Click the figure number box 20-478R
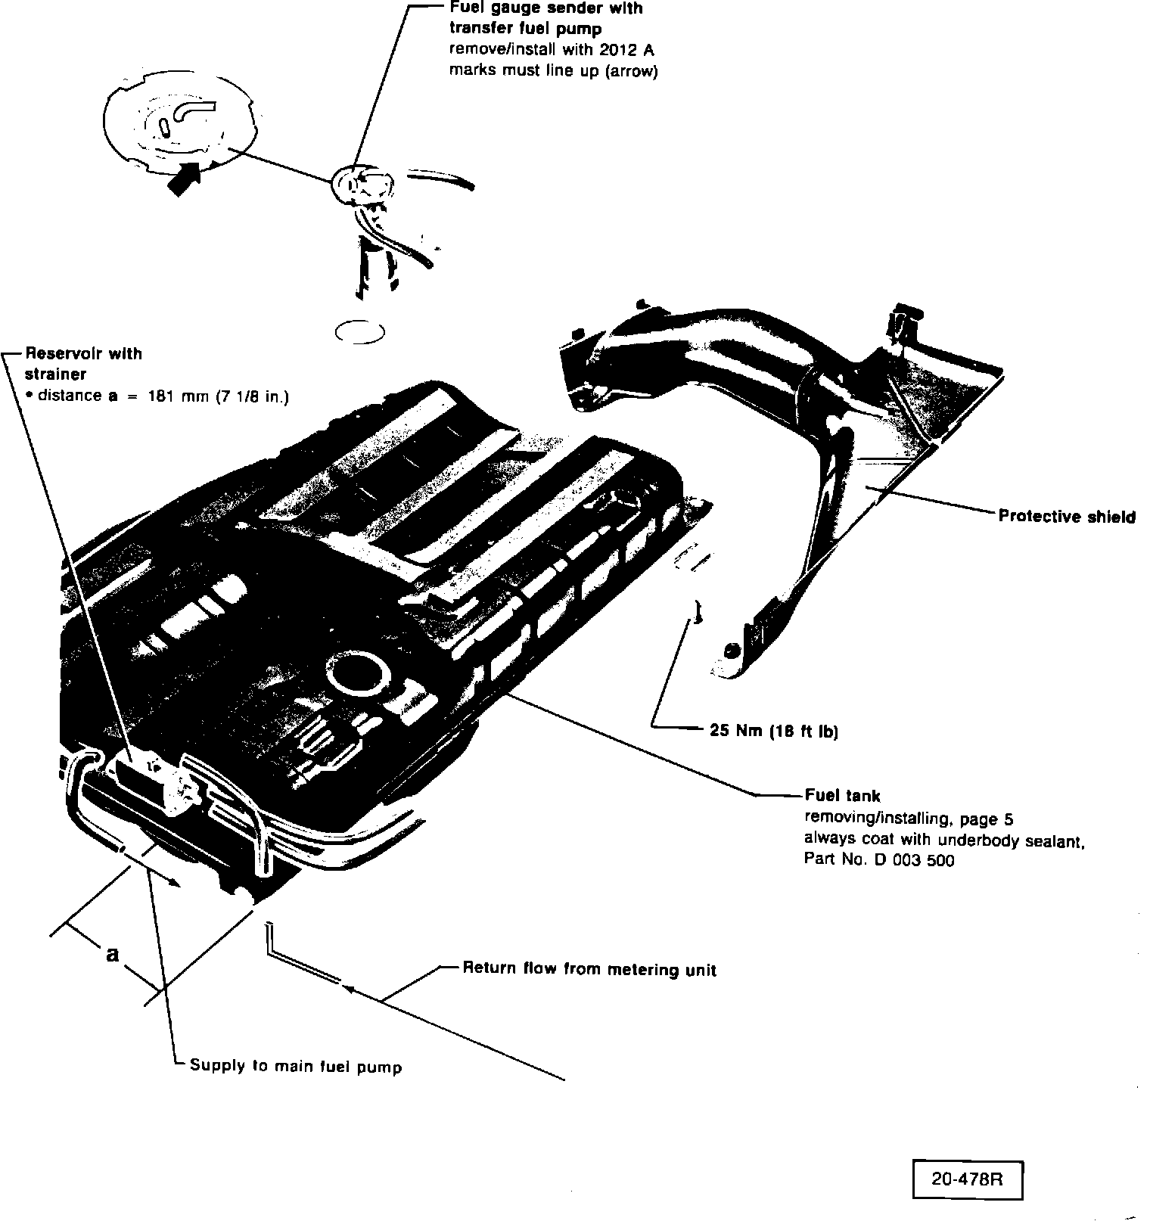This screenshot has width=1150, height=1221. [967, 1179]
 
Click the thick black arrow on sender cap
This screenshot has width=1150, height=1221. [184, 179]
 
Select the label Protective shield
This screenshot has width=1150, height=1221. [1067, 517]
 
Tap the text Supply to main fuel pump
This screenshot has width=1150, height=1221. [295, 1066]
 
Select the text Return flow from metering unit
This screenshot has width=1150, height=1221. [589, 969]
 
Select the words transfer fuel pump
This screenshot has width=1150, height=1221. [525, 30]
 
